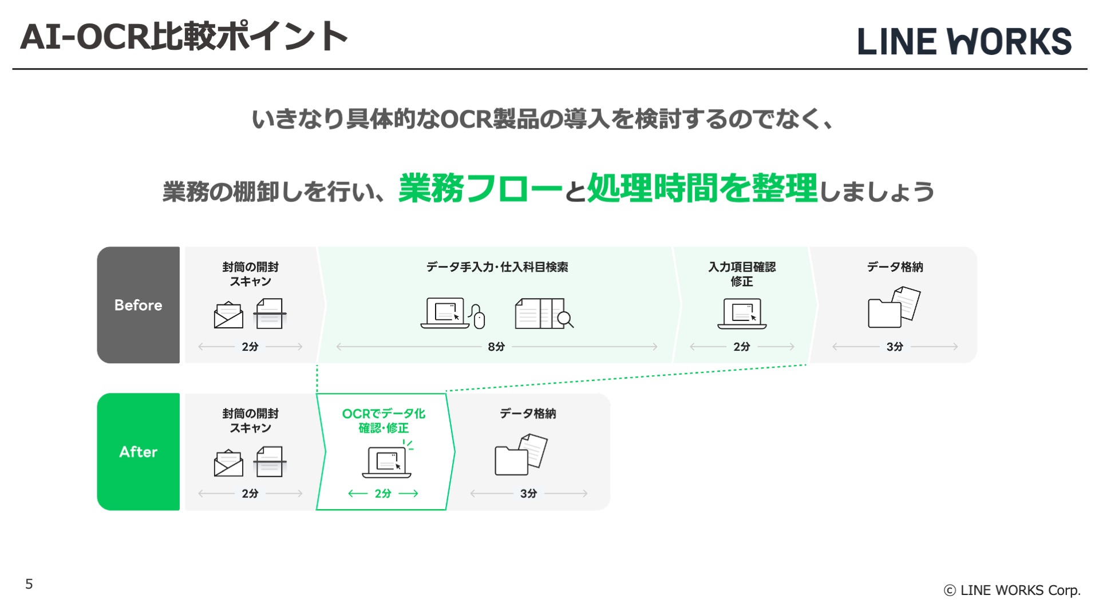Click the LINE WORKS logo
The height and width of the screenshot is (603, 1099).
pos(964,42)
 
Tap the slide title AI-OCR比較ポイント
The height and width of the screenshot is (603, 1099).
pos(184,37)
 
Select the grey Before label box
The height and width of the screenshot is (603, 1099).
pos(139,305)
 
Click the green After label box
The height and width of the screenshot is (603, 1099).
pos(139,451)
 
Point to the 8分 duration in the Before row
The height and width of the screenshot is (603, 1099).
pos(496,347)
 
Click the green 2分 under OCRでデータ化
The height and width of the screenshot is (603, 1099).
pos(383,493)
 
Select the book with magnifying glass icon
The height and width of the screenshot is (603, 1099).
pos(543,314)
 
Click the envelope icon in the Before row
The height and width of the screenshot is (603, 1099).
pos(228,315)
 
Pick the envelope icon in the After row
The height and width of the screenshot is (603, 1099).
pos(228,463)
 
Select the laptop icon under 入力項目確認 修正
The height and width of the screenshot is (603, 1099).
pos(742,314)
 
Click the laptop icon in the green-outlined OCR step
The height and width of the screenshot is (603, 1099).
pos(387,462)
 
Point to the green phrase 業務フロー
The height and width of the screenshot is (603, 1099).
pos(480,188)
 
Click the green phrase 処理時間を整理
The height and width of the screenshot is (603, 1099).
pos(702,188)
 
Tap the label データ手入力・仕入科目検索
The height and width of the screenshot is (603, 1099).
pos(497,267)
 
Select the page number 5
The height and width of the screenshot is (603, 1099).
pos(29,584)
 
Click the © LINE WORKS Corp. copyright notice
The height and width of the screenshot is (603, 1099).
pos(1012,590)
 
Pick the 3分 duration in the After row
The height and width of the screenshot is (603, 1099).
pos(528,493)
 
